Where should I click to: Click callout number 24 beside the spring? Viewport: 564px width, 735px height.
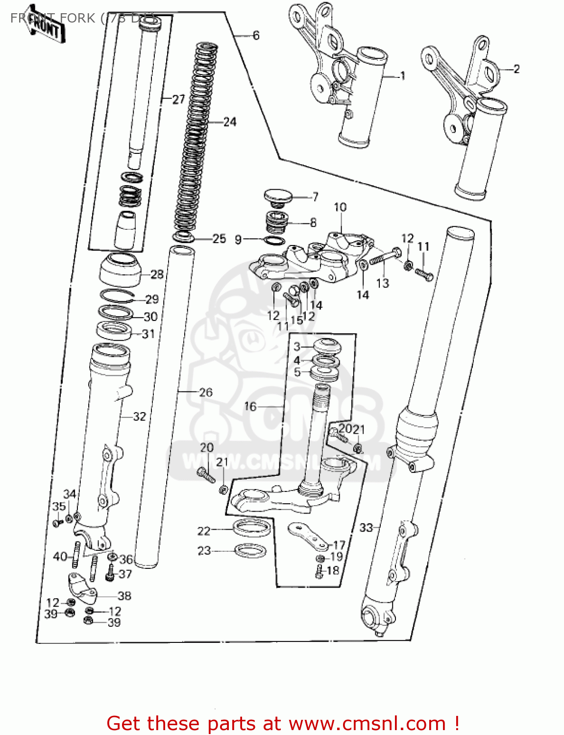[229, 122]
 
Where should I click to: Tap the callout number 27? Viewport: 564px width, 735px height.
[178, 99]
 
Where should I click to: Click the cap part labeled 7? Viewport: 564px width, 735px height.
[278, 197]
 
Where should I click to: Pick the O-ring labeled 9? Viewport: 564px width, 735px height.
[275, 241]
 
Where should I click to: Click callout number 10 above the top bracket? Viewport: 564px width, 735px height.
[340, 207]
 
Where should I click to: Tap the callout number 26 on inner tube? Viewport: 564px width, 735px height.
[206, 392]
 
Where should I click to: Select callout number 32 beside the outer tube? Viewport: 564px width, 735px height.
[140, 416]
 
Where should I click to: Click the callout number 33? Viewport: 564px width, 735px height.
[366, 527]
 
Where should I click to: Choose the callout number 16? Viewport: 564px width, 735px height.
[250, 406]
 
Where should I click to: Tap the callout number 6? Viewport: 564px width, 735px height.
[256, 35]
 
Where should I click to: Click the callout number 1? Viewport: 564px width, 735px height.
[403, 76]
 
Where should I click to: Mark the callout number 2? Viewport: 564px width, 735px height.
[516, 69]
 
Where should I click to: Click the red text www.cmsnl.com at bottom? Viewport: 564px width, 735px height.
[367, 723]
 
